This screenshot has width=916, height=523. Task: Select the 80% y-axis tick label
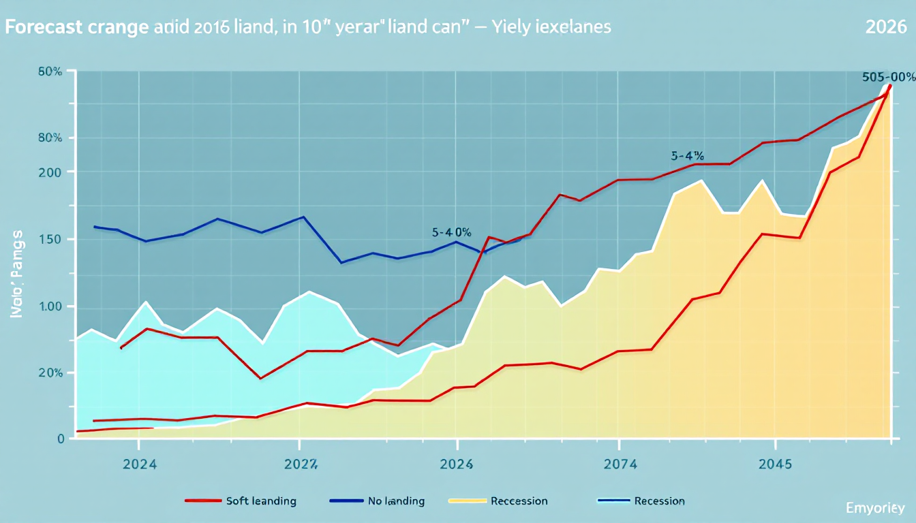52,138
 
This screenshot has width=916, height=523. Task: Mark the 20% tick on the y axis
52,373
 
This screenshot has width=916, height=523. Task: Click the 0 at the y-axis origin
61,439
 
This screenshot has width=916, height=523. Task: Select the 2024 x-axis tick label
139,465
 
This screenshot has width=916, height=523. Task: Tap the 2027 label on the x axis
300,465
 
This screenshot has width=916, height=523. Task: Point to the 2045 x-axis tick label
775,465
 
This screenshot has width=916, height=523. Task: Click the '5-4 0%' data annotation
452,232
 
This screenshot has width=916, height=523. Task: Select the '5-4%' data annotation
687,155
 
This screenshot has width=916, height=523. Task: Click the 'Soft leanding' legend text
261,501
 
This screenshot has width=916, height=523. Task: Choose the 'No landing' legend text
396,501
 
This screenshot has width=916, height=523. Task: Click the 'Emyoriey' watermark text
875,508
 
